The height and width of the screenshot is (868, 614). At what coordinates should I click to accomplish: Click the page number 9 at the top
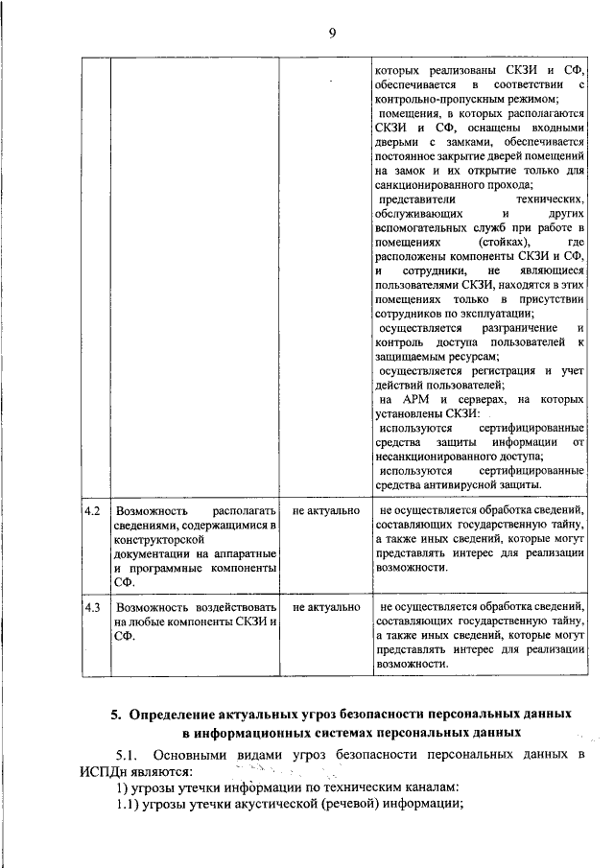[x=332, y=33]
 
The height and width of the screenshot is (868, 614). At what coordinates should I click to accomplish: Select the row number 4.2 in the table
[x=92, y=511]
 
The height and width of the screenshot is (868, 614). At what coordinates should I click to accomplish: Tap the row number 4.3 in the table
[x=92, y=607]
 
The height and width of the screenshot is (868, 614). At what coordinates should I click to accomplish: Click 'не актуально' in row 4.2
[x=326, y=511]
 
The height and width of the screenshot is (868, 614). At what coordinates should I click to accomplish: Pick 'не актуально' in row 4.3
[x=326, y=607]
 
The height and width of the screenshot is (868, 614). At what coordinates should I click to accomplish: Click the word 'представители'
[x=413, y=199]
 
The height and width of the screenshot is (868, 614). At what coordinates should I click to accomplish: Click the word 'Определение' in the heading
[x=175, y=715]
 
